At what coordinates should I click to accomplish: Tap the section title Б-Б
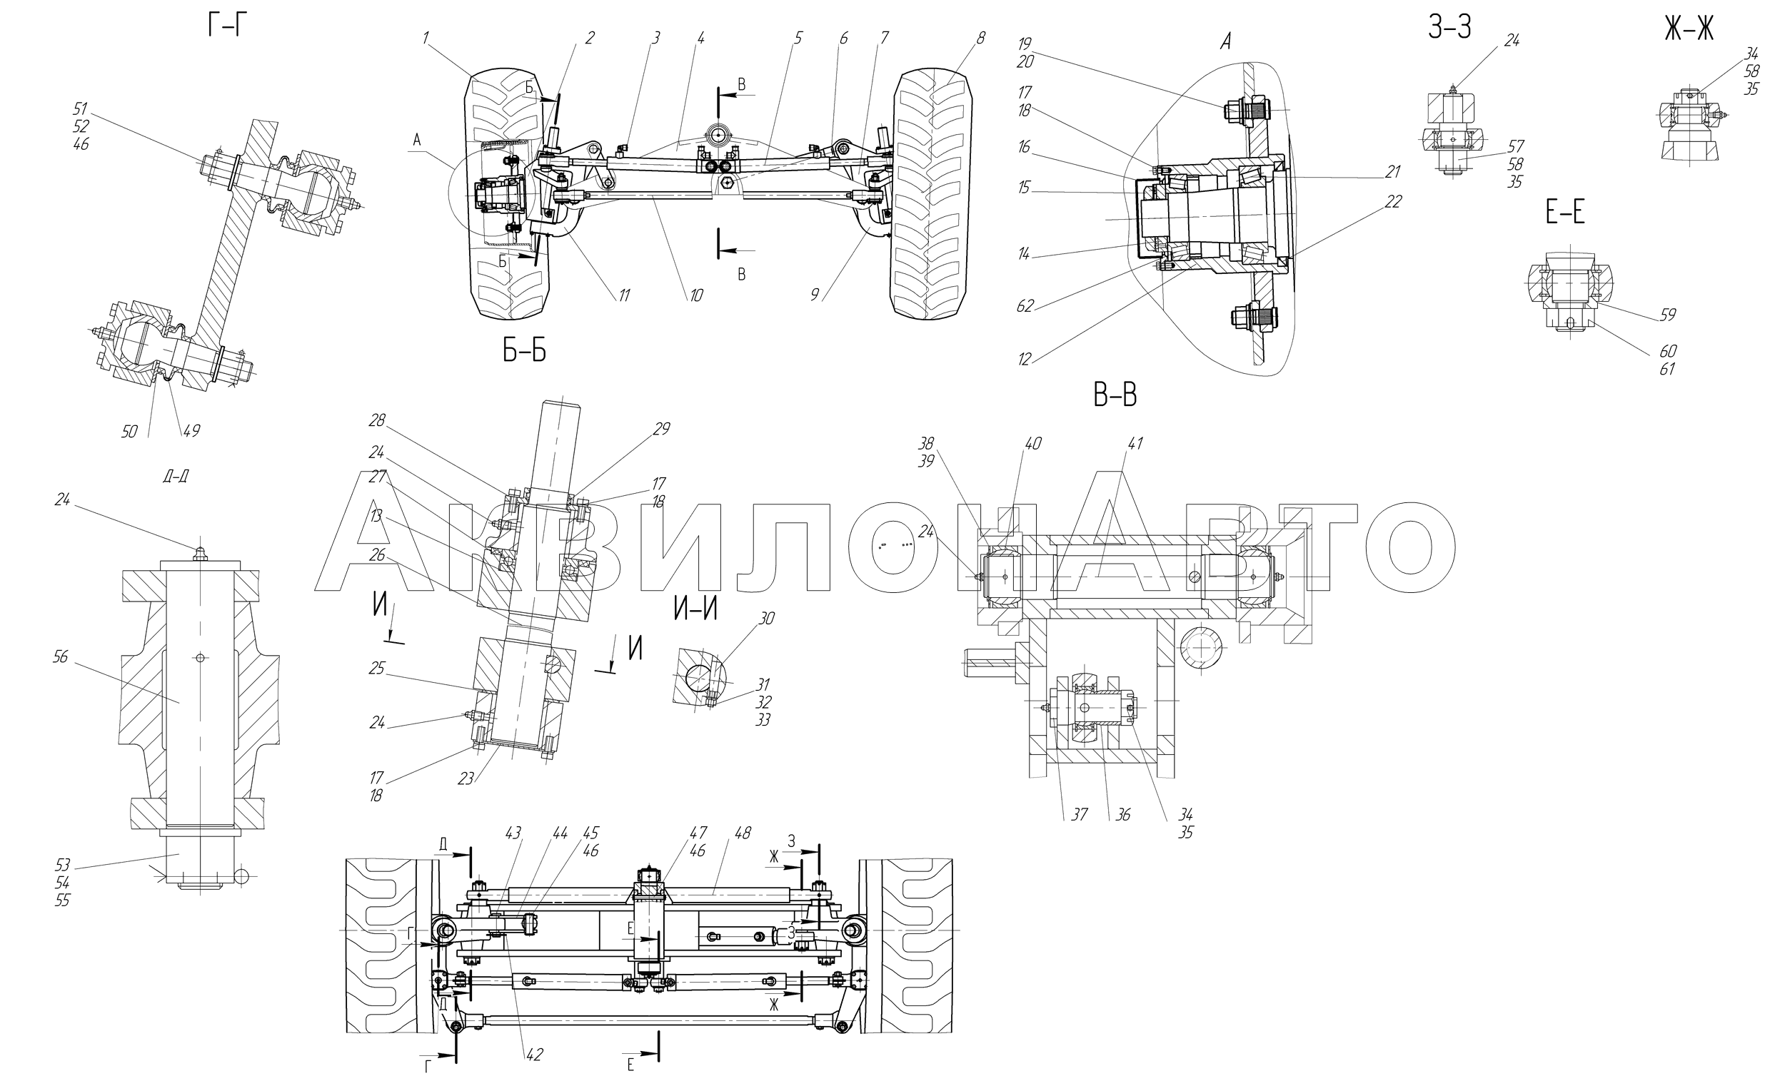click(x=525, y=352)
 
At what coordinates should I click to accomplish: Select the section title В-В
click(x=1115, y=396)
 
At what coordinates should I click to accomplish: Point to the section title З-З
click(x=1449, y=28)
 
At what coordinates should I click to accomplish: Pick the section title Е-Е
click(x=1566, y=213)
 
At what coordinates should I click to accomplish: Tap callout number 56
click(x=61, y=656)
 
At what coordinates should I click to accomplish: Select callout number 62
click(x=1025, y=305)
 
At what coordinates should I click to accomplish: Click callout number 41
click(x=1135, y=443)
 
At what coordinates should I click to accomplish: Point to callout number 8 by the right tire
click(x=980, y=39)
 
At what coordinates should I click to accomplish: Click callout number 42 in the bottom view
click(x=535, y=1054)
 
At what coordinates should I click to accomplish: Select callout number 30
click(x=766, y=619)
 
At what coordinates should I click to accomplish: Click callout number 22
click(x=1393, y=202)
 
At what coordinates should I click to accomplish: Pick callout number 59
click(x=1667, y=315)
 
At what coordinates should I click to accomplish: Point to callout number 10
click(x=695, y=295)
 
